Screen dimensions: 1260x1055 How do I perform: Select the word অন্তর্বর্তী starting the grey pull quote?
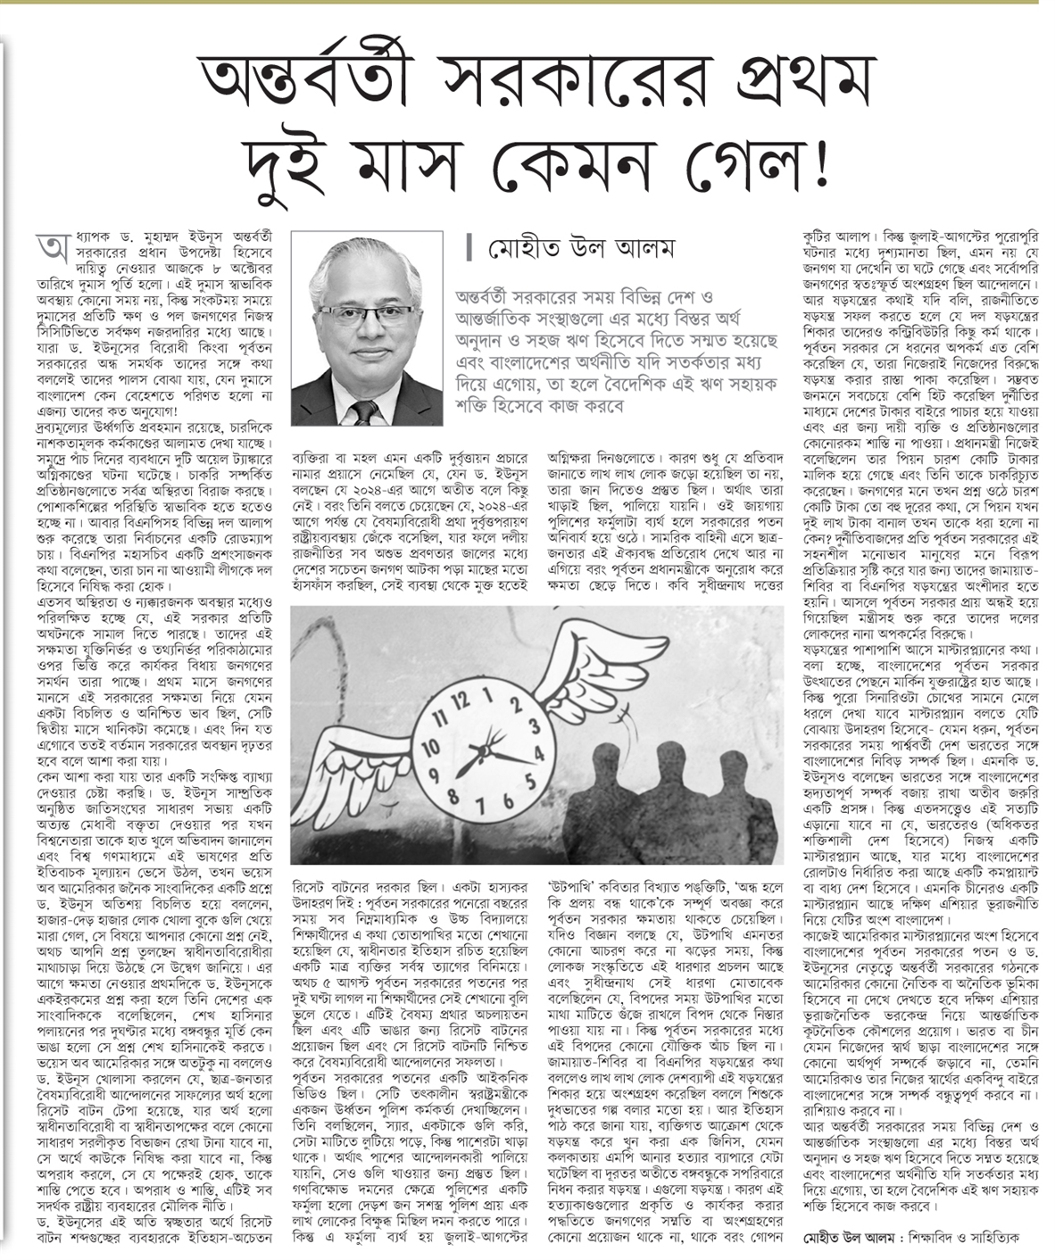(x=487, y=295)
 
